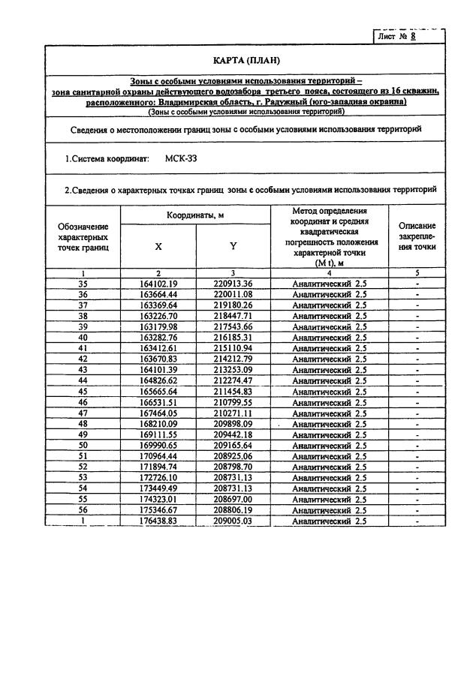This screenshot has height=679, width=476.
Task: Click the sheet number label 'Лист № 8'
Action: coord(398,36)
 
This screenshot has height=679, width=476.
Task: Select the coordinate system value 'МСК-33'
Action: coord(182,159)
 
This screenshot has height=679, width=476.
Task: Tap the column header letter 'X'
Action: coord(158,245)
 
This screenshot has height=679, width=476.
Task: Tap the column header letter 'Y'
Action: coord(233,245)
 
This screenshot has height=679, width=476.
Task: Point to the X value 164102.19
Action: coord(158,284)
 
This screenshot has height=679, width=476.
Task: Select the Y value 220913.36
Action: coord(233,284)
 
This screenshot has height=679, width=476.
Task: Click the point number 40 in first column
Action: coord(83,338)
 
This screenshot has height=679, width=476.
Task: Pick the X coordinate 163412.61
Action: coord(158,348)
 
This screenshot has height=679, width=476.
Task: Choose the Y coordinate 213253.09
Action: coord(233,370)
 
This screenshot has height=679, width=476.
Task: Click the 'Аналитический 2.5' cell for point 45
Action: coord(329,392)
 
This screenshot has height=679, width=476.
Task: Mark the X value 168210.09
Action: coord(158,424)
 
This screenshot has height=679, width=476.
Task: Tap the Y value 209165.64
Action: coord(233,446)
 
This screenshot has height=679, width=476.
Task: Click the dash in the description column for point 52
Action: coord(417,467)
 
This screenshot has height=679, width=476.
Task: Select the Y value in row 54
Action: coord(233,488)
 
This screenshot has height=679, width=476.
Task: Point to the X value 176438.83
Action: coord(158,521)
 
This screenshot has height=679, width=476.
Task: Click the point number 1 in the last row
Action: coord(83,521)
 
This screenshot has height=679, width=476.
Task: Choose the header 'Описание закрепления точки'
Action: coord(417,236)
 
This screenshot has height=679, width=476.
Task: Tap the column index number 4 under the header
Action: coord(329,273)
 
